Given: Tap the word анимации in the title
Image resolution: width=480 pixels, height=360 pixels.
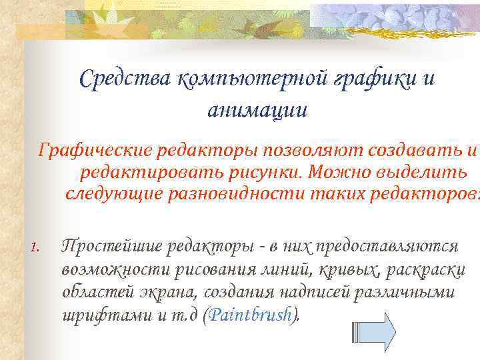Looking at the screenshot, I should pyautogui.click(x=257, y=109).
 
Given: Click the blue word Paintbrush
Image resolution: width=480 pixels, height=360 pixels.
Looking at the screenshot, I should pyautogui.click(x=250, y=315).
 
